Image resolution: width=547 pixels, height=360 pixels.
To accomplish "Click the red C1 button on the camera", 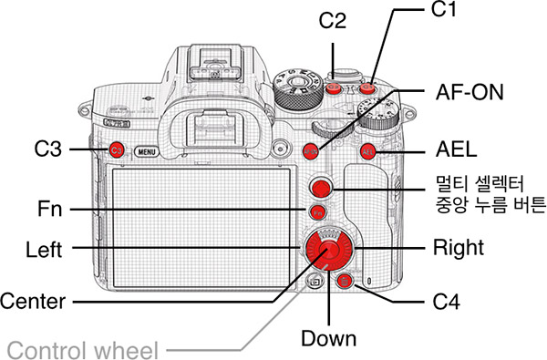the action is coord(366,87).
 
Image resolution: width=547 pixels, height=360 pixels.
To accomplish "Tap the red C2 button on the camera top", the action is coord(333,87).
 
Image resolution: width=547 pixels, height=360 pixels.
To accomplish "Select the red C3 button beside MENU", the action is coord(116,150).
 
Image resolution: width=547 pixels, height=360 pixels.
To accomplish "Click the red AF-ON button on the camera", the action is coord(311,151).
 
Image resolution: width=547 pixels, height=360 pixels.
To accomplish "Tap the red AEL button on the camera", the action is coord(367,151).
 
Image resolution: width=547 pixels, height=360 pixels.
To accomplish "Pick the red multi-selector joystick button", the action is coord(321,188).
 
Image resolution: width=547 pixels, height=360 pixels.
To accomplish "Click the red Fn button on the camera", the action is coord(318,212).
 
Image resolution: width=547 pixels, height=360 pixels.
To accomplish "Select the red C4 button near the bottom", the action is coord(345,281).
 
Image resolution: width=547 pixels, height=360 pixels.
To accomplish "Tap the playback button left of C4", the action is coord(314,281).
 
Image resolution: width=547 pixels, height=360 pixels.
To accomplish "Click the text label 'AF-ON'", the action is coord(470,92).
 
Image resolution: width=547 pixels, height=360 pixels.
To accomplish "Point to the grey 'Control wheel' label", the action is coord(83,350).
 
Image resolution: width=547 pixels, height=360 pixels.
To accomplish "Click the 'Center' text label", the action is coord(33,301).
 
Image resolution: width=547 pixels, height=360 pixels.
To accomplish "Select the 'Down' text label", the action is coord(328,338).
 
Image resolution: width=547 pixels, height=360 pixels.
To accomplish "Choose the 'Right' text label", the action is coord(459,249).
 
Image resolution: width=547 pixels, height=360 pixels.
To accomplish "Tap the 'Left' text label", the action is coord(44,250).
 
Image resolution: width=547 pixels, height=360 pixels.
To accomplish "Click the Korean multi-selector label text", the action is coord(490,195).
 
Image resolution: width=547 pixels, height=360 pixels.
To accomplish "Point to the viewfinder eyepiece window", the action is coord(214,129).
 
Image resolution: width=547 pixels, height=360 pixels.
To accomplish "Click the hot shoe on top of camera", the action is coord(215,64).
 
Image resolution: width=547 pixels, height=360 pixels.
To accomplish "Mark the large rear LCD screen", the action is coord(201,228).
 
